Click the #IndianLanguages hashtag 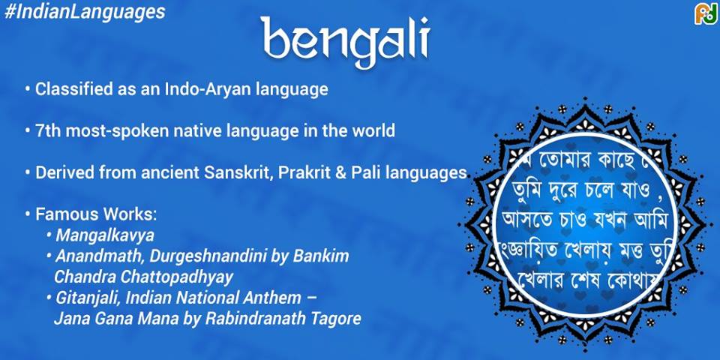click(83, 12)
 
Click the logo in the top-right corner click(705, 13)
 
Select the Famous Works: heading click(96, 214)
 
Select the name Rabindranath click(257, 318)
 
